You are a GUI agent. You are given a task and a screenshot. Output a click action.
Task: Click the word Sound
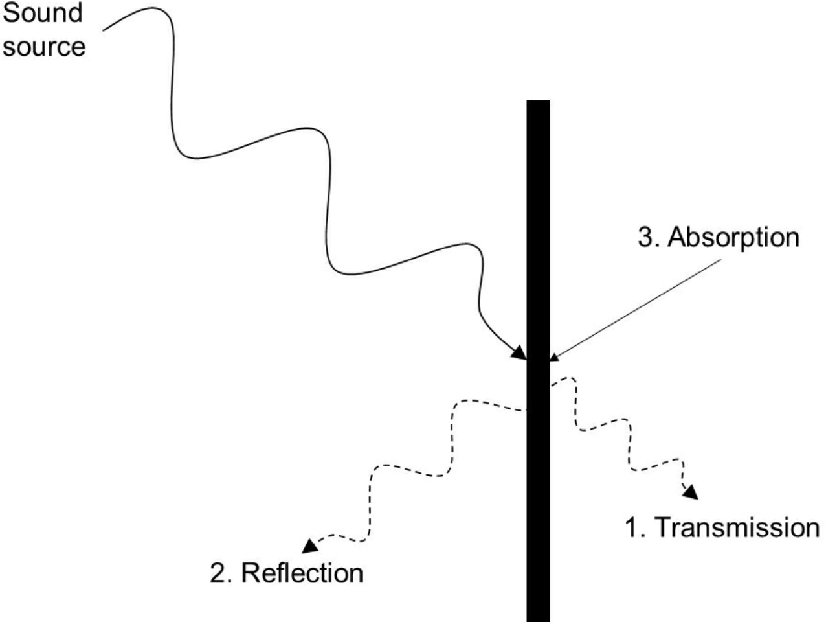pos(43,12)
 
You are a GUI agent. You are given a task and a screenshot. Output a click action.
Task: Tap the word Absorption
pos(733,237)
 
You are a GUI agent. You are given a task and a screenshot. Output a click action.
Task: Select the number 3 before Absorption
pos(645,237)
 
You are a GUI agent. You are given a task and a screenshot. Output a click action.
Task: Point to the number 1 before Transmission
pos(631,527)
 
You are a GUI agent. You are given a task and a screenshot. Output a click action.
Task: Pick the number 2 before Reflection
pos(218,573)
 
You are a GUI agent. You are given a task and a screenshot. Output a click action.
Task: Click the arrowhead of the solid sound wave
pos(520,353)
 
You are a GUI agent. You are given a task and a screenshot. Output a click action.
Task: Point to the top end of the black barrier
pos(538,102)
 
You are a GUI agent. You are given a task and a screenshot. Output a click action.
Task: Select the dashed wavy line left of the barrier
pos(414,473)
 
